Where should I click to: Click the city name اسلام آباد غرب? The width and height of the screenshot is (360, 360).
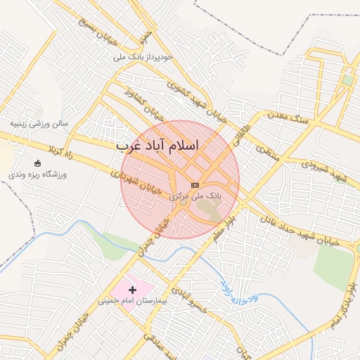(x=157, y=145)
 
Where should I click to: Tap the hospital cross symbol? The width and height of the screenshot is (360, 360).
(x=132, y=290)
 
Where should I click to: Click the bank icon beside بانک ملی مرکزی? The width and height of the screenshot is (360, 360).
(x=195, y=184)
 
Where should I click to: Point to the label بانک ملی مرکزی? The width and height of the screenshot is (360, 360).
(x=196, y=198)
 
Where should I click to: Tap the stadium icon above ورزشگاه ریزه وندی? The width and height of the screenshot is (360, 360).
(x=37, y=162)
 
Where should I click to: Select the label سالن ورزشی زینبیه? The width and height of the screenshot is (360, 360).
(x=39, y=123)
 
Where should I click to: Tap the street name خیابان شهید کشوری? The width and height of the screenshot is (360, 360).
(x=196, y=101)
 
